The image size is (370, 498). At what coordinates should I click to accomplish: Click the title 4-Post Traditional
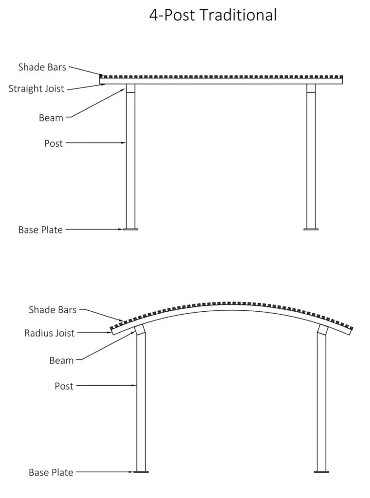213,15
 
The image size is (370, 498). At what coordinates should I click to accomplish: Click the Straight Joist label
36,89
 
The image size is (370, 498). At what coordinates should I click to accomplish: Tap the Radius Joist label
49,333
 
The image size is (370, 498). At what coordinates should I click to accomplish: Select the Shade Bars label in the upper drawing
42,67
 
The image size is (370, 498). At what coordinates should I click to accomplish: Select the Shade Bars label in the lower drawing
53,310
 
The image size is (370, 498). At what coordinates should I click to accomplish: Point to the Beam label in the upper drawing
51,118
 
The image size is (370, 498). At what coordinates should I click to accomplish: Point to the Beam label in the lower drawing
61,360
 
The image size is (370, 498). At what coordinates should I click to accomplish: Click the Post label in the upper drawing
54,143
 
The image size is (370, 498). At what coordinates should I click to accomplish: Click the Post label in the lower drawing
64,386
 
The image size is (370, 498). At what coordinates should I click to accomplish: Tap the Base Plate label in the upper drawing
40,230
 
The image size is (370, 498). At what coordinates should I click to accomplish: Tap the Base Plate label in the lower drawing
51,472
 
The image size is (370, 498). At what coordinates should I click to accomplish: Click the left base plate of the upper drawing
130,229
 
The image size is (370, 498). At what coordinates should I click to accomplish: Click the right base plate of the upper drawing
311,229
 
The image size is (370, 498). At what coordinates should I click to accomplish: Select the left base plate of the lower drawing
141,472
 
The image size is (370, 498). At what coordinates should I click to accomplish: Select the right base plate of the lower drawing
321,472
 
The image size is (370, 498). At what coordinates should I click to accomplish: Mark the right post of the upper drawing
311,160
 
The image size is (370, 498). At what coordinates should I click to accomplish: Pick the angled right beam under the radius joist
323,329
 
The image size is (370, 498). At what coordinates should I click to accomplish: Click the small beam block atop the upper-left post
130,89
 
